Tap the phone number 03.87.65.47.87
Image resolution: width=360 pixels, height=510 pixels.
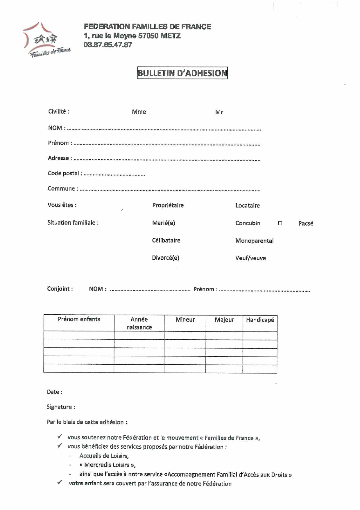(x=108, y=45)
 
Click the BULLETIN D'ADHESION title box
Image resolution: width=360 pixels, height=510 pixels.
(x=182, y=73)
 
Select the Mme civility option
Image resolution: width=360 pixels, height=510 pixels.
(x=139, y=112)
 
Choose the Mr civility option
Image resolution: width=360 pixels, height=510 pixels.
(x=219, y=112)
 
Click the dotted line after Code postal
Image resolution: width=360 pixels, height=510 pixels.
(x=114, y=174)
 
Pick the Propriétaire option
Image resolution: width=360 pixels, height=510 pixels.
(x=168, y=205)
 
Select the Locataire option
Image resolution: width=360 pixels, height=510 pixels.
(x=248, y=206)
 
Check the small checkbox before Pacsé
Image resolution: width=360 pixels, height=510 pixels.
(x=280, y=223)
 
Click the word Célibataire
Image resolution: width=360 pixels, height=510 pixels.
(x=166, y=240)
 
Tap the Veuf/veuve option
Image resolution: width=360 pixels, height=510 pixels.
(x=250, y=258)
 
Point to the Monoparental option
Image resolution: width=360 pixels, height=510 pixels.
(x=254, y=241)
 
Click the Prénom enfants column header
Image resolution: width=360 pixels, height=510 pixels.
(x=79, y=319)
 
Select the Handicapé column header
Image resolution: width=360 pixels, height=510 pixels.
(x=260, y=320)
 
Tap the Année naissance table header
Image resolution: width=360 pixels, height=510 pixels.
(x=139, y=323)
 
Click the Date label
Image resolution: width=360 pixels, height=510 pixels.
(x=55, y=392)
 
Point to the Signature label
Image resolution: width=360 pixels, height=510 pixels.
(x=61, y=407)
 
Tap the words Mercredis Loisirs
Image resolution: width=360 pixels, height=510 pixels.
(x=107, y=465)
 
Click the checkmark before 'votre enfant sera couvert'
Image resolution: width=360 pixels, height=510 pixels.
(x=60, y=482)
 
